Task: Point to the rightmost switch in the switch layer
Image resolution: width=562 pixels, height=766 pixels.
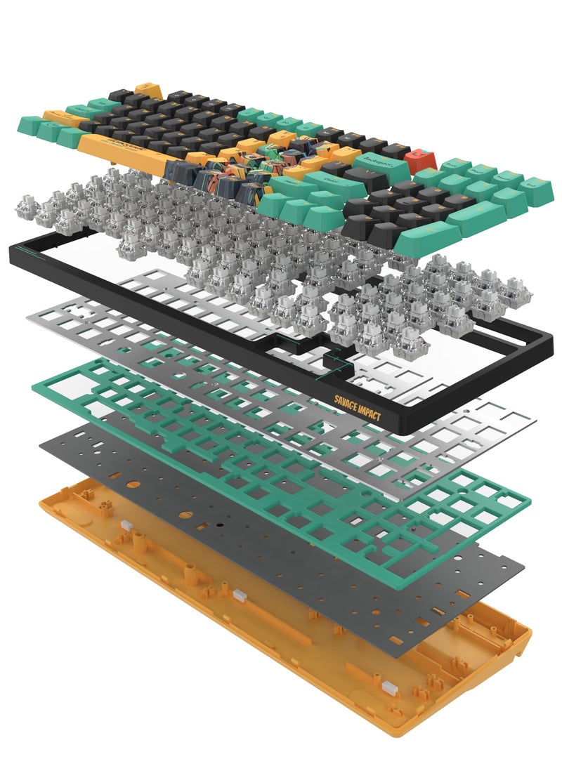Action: [x=518, y=294]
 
